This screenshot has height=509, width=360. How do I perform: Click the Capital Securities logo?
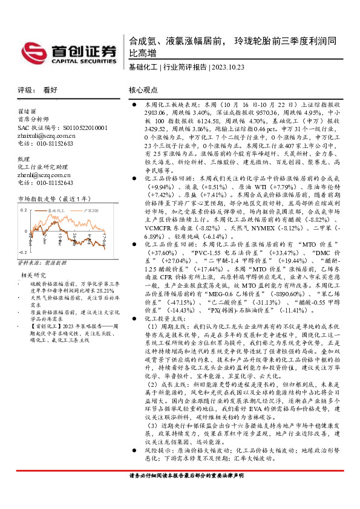coord(66,52)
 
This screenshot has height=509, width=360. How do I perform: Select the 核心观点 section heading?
coord(143,89)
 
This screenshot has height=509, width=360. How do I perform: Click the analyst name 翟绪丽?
coord(27,112)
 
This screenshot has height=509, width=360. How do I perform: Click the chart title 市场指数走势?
coord(36,199)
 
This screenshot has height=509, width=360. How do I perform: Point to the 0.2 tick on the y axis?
coord(24,209)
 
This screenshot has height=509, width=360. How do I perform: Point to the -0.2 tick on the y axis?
coord(22,251)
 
